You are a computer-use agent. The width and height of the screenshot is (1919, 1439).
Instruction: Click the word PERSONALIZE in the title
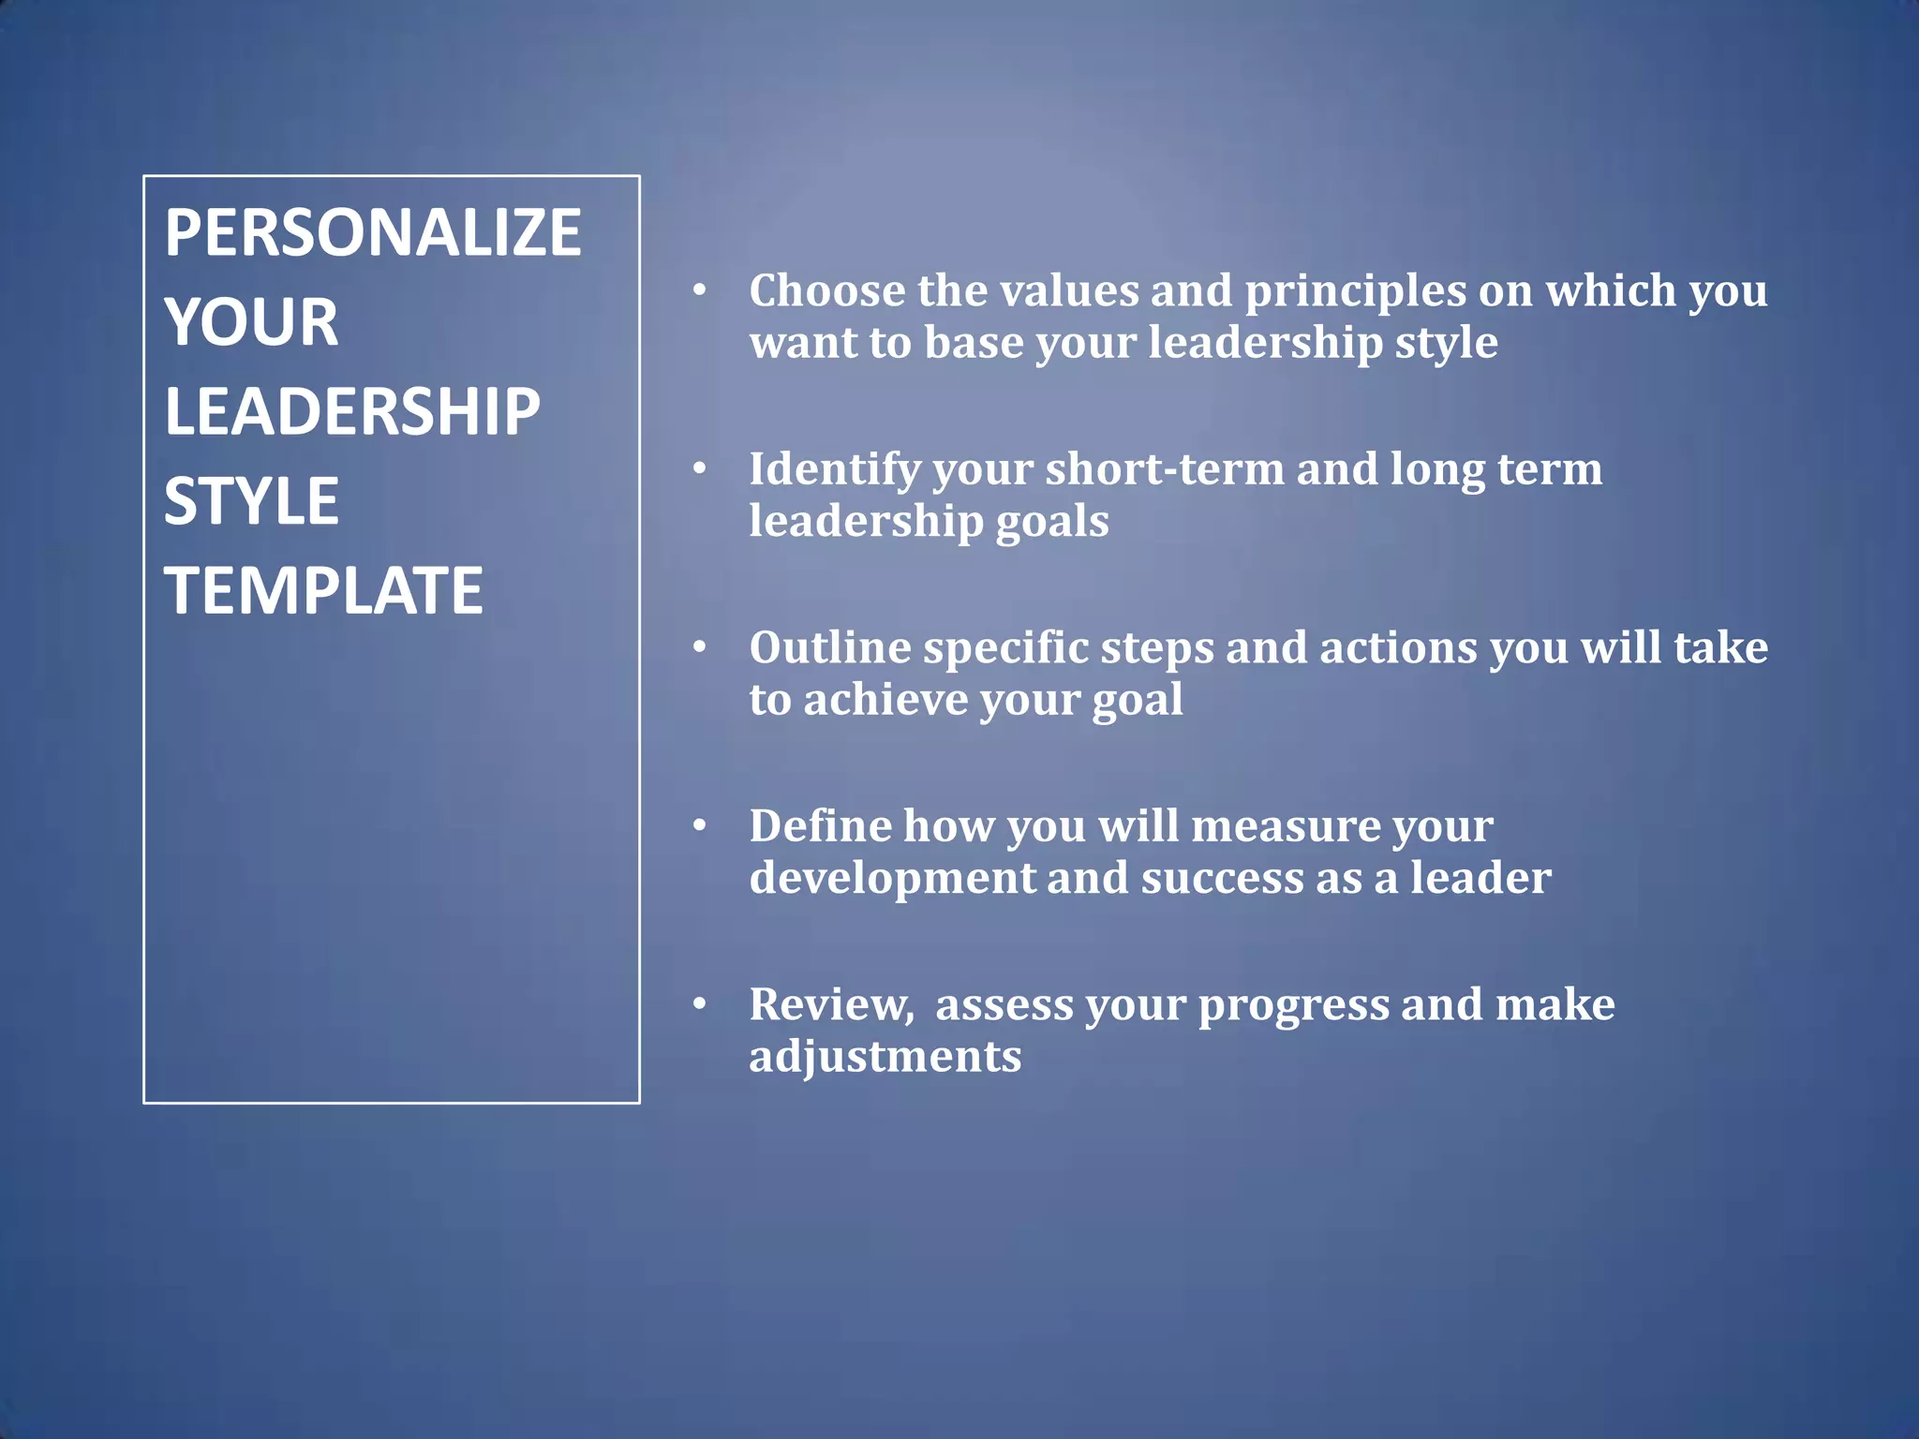point(373,232)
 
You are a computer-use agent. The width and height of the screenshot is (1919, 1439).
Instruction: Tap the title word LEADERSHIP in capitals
point(352,411)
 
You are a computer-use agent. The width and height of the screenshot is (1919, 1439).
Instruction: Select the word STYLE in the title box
point(251,500)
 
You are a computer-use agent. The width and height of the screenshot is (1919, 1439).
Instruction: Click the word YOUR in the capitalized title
point(251,321)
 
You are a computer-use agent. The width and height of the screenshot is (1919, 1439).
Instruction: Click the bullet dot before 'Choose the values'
point(699,290)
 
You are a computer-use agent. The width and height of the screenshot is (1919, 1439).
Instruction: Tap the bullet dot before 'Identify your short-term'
point(699,468)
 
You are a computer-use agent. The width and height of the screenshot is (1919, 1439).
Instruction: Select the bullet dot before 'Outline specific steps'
point(699,647)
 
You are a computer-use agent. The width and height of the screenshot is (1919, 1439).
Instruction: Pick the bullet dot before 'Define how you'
point(699,825)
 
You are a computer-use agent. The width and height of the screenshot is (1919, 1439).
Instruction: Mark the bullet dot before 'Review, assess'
point(699,1004)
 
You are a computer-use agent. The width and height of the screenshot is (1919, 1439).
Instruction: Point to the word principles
point(1355,290)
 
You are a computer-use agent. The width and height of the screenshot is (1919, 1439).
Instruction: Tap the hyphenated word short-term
point(1164,468)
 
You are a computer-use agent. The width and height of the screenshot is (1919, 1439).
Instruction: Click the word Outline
point(830,647)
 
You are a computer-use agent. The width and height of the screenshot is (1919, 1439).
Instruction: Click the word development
point(891,879)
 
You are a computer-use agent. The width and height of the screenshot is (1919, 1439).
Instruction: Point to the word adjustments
point(885,1057)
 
